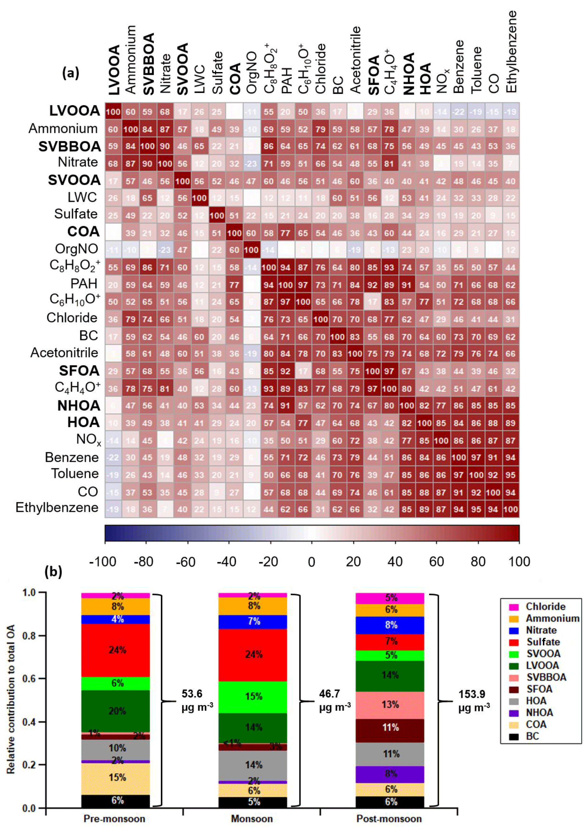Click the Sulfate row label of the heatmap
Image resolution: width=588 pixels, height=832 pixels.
click(x=76, y=214)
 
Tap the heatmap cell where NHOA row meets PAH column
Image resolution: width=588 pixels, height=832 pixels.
click(x=285, y=406)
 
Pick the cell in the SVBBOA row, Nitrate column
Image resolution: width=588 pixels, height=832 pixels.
click(x=165, y=146)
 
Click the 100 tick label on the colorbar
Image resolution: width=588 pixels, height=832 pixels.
click(x=519, y=562)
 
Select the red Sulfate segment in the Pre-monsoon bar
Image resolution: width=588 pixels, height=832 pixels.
click(x=116, y=650)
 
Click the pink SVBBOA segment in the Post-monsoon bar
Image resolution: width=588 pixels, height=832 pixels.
click(x=390, y=705)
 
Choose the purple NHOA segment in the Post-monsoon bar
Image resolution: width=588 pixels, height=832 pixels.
click(x=390, y=774)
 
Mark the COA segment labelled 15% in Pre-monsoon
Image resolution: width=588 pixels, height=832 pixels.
click(x=116, y=778)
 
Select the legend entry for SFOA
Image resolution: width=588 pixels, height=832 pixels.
click(x=539, y=689)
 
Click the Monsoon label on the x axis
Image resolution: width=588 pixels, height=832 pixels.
click(x=252, y=819)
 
